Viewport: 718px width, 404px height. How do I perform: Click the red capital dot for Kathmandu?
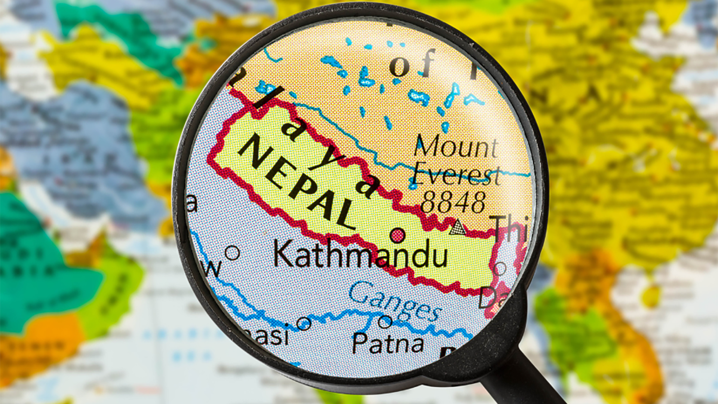point(397,235)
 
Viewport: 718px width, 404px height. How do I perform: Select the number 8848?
point(453,202)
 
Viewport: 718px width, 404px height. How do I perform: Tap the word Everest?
point(457,174)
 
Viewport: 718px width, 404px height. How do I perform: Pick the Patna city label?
point(388,343)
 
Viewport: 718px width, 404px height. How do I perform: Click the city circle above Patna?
point(385,321)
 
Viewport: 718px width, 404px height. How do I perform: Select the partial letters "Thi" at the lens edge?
point(510,228)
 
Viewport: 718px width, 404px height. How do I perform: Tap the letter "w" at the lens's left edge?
point(213,267)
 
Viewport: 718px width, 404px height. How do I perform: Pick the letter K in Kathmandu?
point(283,253)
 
